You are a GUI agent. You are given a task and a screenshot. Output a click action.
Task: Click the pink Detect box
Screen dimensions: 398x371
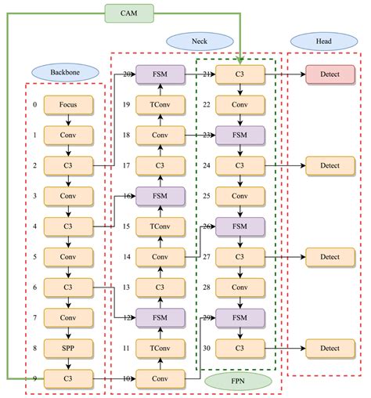329,74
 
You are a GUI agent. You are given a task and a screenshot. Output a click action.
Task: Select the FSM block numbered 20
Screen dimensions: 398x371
160,74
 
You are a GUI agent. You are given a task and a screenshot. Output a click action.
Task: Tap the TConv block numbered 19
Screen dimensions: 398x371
160,104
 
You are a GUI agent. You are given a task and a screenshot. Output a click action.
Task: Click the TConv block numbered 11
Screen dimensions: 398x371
160,347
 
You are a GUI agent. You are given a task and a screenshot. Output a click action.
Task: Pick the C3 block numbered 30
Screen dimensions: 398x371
240,347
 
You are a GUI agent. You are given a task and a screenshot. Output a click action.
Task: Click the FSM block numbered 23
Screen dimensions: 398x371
240,135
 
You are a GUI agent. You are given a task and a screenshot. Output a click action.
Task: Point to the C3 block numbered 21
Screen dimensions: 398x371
240,74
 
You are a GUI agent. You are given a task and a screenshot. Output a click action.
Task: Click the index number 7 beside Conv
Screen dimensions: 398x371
34,317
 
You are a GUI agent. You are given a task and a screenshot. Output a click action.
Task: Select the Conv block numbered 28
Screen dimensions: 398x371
240,287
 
